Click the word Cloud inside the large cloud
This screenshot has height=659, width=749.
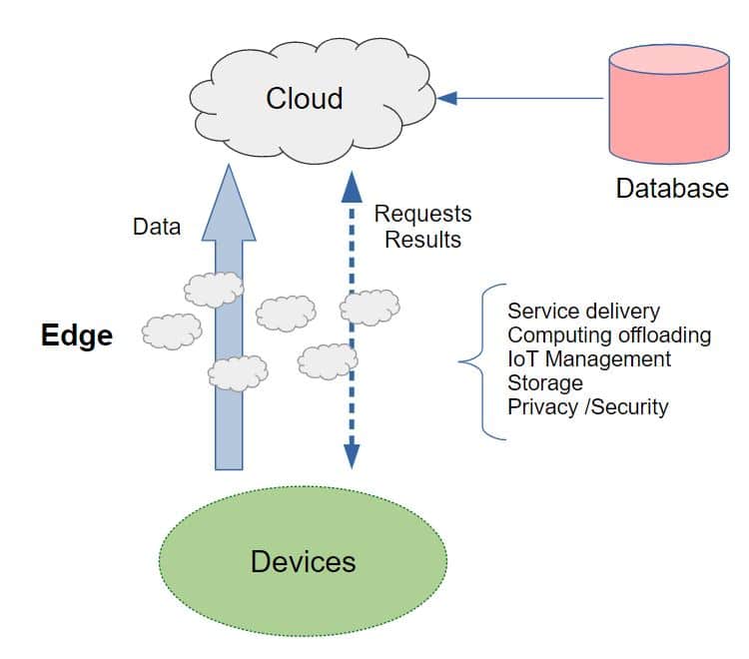tap(304, 98)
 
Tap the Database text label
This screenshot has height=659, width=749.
tap(671, 188)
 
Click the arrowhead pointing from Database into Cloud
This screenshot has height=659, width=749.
tap(447, 98)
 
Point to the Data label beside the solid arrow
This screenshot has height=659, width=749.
tap(157, 227)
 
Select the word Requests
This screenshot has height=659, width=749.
tap(422, 214)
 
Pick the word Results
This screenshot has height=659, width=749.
tap(423, 240)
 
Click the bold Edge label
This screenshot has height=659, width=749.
tap(77, 336)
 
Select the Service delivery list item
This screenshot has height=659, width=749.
tap(583, 312)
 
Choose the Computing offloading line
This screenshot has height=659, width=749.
tap(608, 334)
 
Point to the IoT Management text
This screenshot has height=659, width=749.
tap(589, 358)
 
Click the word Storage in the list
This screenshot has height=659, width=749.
tap(544, 382)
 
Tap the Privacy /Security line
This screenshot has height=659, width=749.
tap(587, 406)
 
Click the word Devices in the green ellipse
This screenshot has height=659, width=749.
tap(303, 561)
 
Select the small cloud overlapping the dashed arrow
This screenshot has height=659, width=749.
tap(370, 307)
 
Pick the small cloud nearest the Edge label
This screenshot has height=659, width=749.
tap(171, 331)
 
